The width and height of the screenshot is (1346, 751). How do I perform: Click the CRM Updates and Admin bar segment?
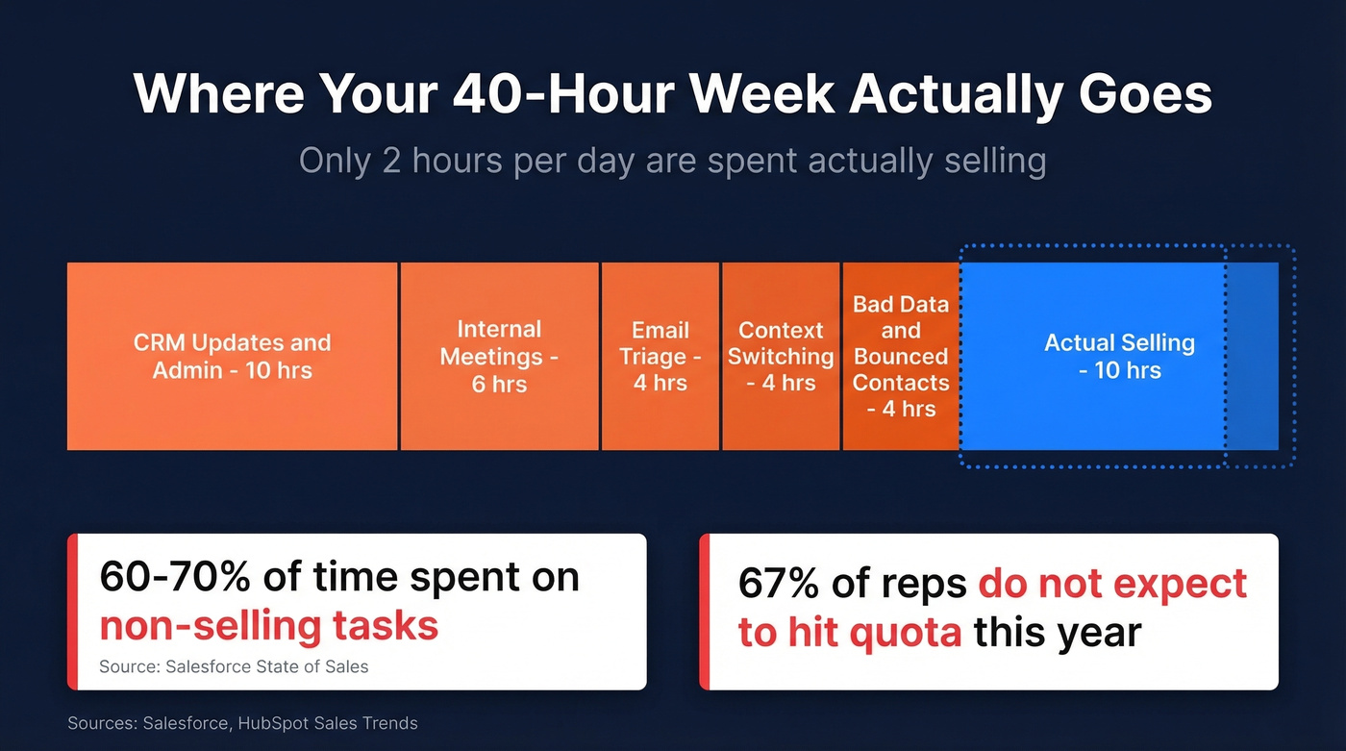point(232,356)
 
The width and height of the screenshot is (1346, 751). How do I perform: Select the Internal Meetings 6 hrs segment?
point(499,356)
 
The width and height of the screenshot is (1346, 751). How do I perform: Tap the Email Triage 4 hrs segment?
point(660,356)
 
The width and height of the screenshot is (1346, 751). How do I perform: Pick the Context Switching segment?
point(781,356)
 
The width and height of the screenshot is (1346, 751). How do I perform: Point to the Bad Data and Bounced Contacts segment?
point(901,356)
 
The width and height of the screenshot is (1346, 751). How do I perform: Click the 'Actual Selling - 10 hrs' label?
point(1119,356)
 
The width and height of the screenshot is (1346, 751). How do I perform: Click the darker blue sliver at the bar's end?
point(1252,356)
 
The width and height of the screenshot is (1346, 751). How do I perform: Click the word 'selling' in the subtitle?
point(992,161)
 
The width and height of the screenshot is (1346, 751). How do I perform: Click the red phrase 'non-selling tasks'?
point(269,626)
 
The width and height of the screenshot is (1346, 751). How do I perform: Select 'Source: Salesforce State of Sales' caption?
point(234,666)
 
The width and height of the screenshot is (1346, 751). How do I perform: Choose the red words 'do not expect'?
point(1112,584)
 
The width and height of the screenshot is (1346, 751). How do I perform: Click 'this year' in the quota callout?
point(1057,633)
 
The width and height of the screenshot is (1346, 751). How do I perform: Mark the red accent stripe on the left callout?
point(72,612)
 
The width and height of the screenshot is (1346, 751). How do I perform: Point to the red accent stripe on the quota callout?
point(704,612)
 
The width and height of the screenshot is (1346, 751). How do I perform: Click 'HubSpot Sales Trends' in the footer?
point(326,723)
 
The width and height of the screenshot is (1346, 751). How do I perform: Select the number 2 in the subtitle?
point(391,161)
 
